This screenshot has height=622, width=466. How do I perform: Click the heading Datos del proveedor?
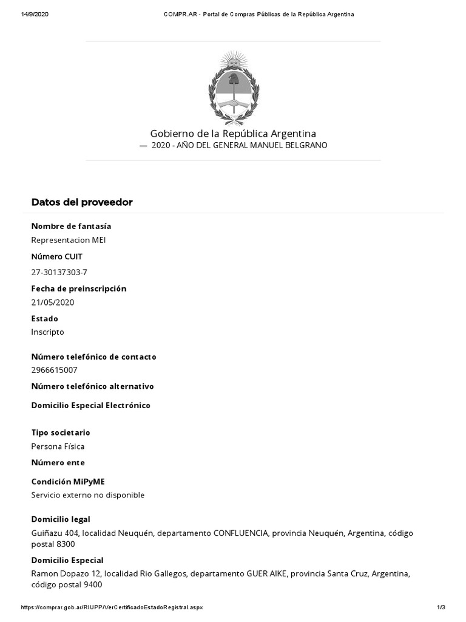[x=82, y=202]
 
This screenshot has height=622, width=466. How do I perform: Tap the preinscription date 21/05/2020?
[x=53, y=302]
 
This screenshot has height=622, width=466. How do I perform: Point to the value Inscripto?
[x=47, y=332]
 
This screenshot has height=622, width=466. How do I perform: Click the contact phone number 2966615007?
[x=55, y=370]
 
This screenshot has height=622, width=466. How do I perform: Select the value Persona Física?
[x=58, y=446]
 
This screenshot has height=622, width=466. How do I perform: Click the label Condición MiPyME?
[x=68, y=481]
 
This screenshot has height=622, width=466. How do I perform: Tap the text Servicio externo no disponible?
[x=88, y=494]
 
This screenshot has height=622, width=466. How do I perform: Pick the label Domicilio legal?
[x=61, y=519]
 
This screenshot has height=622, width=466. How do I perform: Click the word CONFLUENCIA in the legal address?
[x=241, y=533]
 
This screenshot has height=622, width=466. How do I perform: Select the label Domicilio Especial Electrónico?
[x=91, y=405]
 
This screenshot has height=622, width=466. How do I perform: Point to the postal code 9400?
[x=93, y=585]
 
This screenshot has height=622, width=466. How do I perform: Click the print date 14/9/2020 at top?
[x=35, y=14]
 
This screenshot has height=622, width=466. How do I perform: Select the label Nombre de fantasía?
[x=71, y=226]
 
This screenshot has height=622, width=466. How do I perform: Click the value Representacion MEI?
[x=69, y=239]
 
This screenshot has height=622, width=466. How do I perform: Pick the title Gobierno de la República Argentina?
[x=233, y=133]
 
